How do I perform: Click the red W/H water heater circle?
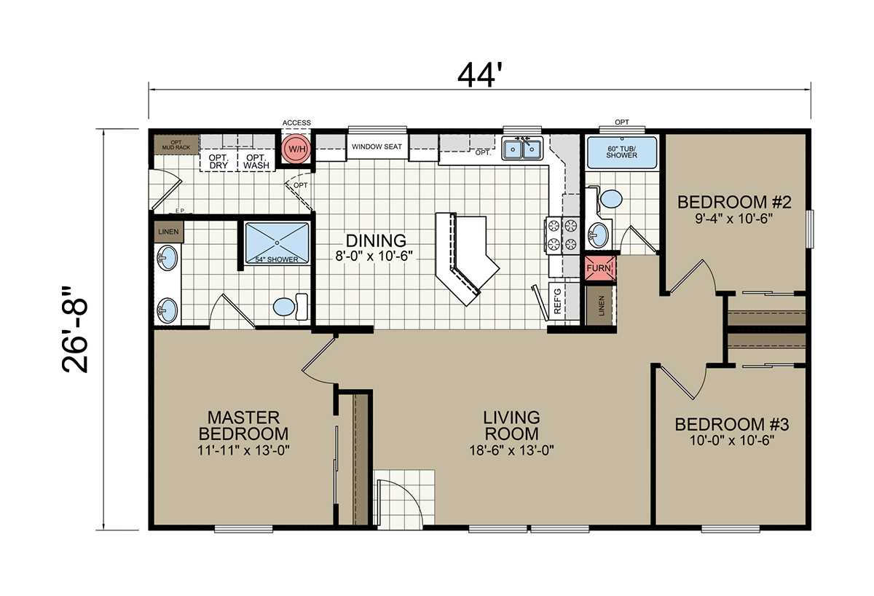[296, 149]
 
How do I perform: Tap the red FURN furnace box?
[599, 268]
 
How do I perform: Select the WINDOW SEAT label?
[377, 146]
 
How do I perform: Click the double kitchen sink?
[522, 149]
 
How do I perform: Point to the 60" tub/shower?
[621, 152]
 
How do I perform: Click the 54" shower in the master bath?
[277, 243]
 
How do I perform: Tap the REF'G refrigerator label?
[557, 301]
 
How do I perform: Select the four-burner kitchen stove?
[562, 235]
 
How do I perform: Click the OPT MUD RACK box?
[176, 145]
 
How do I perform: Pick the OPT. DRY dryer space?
[219, 161]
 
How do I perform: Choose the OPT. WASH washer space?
[256, 161]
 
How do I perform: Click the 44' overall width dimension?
[479, 76]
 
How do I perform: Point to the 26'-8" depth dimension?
[75, 330]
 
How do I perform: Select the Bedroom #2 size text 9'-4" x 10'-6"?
[734, 219]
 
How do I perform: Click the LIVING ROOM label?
[511, 426]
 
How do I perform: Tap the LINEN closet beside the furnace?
[601, 305]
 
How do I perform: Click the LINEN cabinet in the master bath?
[168, 232]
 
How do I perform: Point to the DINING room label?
[376, 240]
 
